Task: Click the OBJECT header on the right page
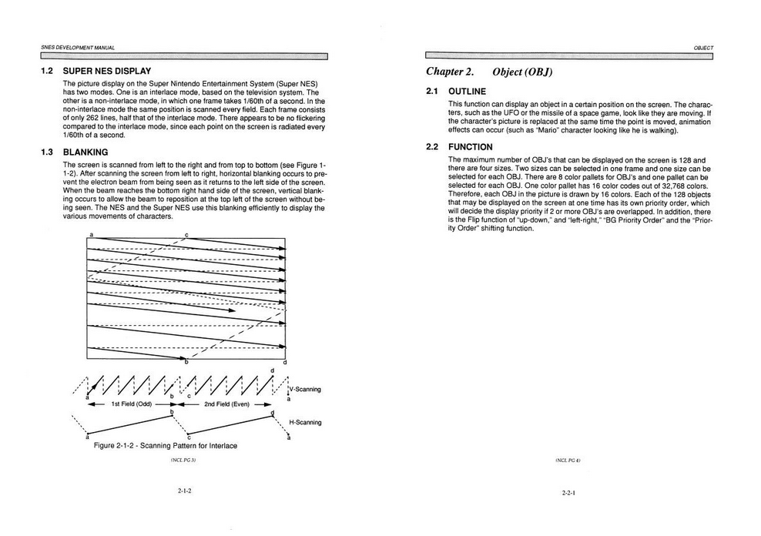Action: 702,47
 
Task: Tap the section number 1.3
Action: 47,152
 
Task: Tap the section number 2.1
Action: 432,92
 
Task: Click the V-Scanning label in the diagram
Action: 305,389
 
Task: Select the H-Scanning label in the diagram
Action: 305,422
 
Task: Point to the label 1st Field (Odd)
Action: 131,404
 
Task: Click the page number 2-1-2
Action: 183,490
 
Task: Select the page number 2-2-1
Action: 570,491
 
